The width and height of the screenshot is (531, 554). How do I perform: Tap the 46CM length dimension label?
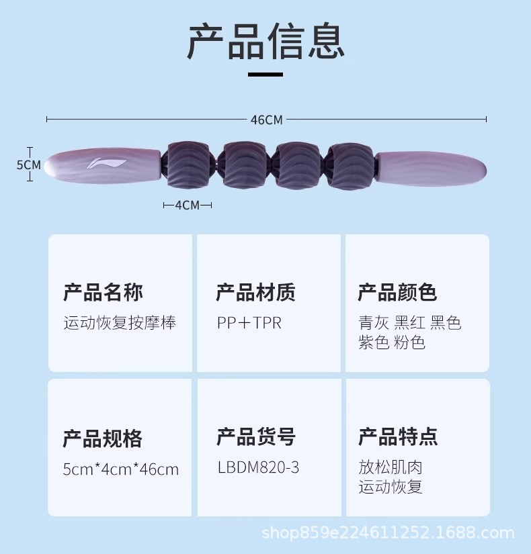tap(266, 120)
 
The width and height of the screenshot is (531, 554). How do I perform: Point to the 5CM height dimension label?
tap(28, 165)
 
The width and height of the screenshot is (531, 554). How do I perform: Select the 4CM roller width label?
tap(187, 205)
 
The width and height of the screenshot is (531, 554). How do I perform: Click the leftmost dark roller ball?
tap(188, 165)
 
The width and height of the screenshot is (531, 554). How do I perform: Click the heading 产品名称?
tap(103, 292)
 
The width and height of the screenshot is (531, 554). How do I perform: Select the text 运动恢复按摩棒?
tap(120, 323)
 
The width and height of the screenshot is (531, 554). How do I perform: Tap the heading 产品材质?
tap(255, 292)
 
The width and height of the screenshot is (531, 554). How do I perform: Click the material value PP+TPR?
tap(249, 323)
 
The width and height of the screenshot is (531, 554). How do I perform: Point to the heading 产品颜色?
tap(397, 292)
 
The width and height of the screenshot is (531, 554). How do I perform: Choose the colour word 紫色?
tap(374, 342)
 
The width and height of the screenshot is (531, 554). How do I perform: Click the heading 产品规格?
tap(103, 438)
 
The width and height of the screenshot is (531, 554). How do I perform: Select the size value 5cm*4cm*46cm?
tap(121, 469)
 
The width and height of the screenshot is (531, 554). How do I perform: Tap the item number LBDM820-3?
tap(258, 467)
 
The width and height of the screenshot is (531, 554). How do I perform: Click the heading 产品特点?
tap(398, 436)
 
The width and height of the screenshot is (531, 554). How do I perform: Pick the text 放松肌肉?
tap(391, 467)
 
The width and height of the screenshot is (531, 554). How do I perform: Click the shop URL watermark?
tap(388, 535)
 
